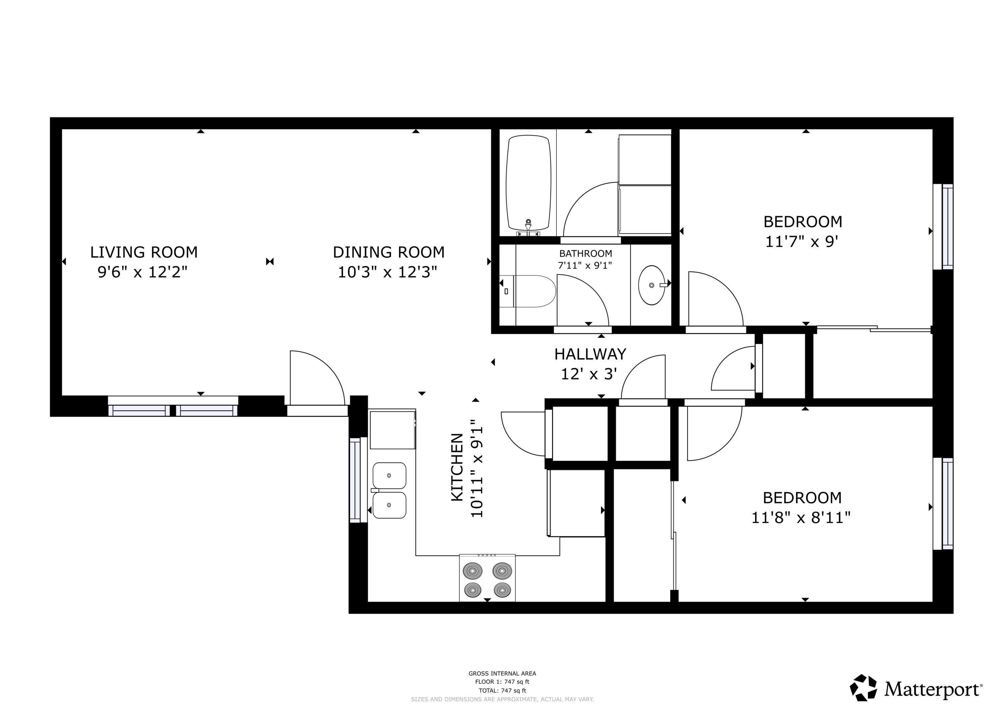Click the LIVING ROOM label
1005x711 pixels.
(144, 252)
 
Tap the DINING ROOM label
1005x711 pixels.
(389, 252)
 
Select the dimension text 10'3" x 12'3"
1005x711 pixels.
(387, 273)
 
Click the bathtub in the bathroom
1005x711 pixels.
(528, 183)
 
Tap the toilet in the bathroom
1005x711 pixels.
(527, 291)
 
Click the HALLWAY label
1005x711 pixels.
(590, 354)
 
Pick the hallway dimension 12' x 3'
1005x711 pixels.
(589, 374)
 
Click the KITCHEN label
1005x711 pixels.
(457, 467)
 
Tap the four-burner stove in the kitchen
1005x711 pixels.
(487, 578)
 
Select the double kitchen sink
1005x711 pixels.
(389, 491)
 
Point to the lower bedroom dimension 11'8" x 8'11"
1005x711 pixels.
(801, 518)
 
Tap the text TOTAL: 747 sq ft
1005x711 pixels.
(503, 691)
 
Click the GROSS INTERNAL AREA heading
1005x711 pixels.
(503, 674)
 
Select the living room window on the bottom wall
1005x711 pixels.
(173, 406)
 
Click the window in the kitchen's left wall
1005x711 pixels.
(358, 480)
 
